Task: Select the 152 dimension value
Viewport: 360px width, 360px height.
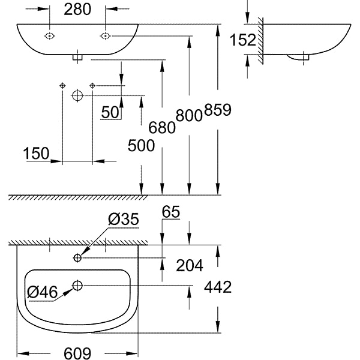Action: coord(244,40)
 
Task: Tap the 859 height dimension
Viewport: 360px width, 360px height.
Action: coord(217,111)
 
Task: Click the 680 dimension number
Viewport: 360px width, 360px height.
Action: coord(162,127)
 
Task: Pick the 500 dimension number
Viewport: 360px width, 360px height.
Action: coord(141,145)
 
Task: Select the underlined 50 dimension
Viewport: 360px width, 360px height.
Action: coord(110,112)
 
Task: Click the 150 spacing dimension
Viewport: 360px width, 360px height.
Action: coord(37,154)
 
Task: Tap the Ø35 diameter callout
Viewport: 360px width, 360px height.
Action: coord(124,220)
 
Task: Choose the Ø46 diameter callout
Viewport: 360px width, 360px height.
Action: coord(42,292)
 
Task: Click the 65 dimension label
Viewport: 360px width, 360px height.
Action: coord(171,212)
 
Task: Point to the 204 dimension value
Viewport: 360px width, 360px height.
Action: coord(189,265)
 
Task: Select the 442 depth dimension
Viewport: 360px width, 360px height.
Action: coord(217,287)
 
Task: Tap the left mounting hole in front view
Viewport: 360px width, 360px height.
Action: coord(49,35)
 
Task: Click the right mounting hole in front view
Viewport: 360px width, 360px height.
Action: coord(105,35)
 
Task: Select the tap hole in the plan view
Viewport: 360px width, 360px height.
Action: coord(77,258)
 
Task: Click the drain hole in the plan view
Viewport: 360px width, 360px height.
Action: coord(77,285)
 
